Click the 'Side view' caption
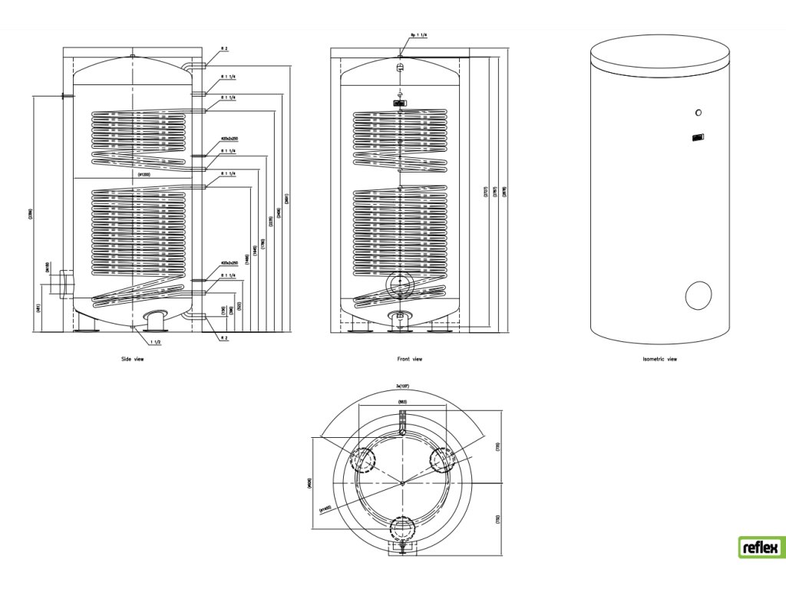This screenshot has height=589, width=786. click(x=133, y=359)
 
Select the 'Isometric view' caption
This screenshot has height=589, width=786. click(x=659, y=359)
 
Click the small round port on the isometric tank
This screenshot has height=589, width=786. click(x=697, y=114)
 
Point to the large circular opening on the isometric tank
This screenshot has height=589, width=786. click(x=699, y=295)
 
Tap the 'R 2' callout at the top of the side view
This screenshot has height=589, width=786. click(x=224, y=48)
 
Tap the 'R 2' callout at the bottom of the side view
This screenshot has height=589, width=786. click(x=224, y=337)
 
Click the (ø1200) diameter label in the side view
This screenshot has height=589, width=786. click(x=144, y=175)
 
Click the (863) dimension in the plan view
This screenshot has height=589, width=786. click(x=401, y=401)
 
